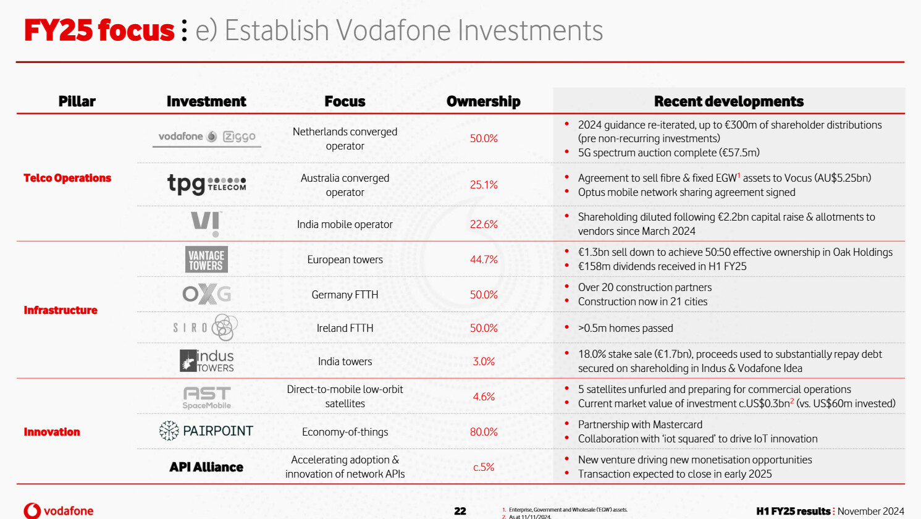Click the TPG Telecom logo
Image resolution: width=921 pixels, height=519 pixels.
pyautogui.click(x=206, y=184)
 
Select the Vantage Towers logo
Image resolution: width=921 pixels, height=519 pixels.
pyautogui.click(x=206, y=259)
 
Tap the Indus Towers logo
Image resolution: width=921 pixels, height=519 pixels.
pyautogui.click(x=206, y=361)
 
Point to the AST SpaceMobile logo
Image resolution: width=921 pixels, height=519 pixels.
pyautogui.click(x=206, y=397)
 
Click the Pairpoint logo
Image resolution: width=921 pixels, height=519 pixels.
pyautogui.click(x=206, y=431)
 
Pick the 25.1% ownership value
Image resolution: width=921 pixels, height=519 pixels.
pyautogui.click(x=484, y=185)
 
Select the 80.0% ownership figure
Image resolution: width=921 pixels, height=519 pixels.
pyautogui.click(x=484, y=432)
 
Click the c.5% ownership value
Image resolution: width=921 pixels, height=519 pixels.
pyautogui.click(x=484, y=467)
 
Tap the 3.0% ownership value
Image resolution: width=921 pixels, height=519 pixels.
pyautogui.click(x=484, y=361)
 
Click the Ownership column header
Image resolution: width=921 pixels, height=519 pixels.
pyautogui.click(x=483, y=101)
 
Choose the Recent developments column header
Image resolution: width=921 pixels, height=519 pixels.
pyautogui.click(x=729, y=101)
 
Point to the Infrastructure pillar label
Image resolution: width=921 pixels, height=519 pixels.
pyautogui.click(x=61, y=310)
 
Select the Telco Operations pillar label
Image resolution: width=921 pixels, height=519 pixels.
pyautogui.click(x=67, y=178)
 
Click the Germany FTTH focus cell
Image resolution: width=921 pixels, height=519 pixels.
pyautogui.click(x=345, y=295)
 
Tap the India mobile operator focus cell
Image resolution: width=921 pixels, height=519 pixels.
pyautogui.click(x=345, y=224)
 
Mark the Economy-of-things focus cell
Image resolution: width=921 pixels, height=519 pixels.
pyautogui.click(x=345, y=432)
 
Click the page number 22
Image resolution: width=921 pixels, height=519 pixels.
pyautogui.click(x=460, y=511)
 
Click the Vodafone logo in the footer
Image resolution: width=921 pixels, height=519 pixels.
pyautogui.click(x=59, y=511)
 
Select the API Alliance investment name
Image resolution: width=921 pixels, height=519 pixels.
pyautogui.click(x=206, y=467)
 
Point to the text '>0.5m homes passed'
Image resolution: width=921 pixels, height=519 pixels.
pyautogui.click(x=625, y=328)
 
